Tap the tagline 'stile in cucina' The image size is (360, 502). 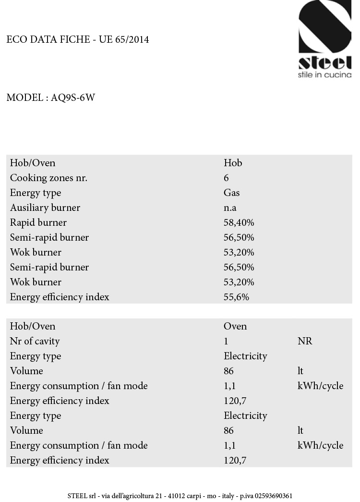[x=324, y=75]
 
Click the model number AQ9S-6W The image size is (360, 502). [x=73, y=98]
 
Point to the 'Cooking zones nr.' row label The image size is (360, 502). [x=48, y=178]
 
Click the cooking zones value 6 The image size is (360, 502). [x=226, y=178]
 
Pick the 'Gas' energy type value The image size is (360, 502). [x=231, y=193]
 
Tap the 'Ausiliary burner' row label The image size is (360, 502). [x=45, y=208]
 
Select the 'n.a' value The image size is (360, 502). [x=230, y=208]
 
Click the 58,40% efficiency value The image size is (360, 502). [x=239, y=222]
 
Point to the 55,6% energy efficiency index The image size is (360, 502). [x=236, y=297]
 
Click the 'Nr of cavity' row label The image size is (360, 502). [x=35, y=341]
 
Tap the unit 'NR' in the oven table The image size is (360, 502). [x=304, y=341]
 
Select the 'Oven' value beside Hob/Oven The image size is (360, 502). [x=235, y=326]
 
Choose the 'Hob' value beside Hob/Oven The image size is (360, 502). [x=233, y=163]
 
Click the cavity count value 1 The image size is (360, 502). [x=226, y=341]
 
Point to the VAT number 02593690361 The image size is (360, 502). [x=272, y=496]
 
